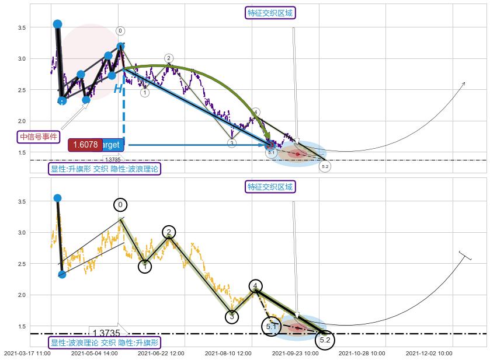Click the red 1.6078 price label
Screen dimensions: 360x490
[x=85, y=145]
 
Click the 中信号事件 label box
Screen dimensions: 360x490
[x=39, y=137]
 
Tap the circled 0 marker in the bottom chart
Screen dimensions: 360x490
[x=120, y=205]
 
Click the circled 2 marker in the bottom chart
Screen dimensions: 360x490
[x=169, y=232]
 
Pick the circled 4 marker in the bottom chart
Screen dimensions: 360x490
[x=256, y=286]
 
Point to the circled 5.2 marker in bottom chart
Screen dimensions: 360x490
[x=325, y=339]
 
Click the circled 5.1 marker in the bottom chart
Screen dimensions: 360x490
[x=271, y=326]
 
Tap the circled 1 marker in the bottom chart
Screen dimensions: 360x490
[x=145, y=266]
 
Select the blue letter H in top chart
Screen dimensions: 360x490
[x=118, y=89]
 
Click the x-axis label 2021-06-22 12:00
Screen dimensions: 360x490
[x=161, y=354]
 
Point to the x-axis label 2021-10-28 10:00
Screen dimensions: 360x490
[x=362, y=354]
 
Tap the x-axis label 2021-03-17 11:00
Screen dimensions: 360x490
[x=27, y=354]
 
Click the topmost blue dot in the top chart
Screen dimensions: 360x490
[x=57, y=24]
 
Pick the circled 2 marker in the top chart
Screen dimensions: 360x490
[x=168, y=58]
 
